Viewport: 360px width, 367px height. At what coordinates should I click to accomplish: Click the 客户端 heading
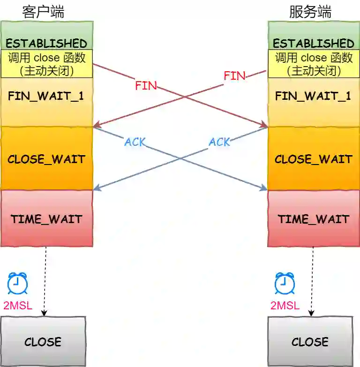[x=43, y=12]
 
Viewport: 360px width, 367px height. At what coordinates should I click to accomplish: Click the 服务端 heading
[x=310, y=12]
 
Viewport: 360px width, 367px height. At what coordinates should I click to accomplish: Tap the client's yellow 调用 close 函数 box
[x=46, y=64]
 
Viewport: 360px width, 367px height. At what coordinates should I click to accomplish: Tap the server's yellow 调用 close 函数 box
[x=314, y=64]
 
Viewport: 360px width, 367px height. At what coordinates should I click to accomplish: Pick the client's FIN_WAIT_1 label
[x=46, y=96]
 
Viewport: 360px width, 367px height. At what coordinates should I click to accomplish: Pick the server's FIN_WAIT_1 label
[x=313, y=96]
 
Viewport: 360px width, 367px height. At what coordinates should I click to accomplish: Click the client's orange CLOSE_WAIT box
[x=46, y=158]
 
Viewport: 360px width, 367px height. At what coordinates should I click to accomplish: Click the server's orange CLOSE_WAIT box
[x=314, y=158]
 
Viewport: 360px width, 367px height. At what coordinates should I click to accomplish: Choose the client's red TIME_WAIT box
[x=46, y=218]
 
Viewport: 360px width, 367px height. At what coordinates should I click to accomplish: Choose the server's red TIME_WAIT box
[x=314, y=218]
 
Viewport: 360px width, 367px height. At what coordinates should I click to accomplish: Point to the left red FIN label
[x=146, y=86]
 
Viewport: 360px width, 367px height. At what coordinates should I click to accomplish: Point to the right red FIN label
[x=234, y=75]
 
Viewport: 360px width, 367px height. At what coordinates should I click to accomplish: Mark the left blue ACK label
[x=135, y=142]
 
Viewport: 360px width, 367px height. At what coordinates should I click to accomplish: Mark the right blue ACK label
[x=219, y=142]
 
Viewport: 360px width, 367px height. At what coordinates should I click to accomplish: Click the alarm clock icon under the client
[x=17, y=283]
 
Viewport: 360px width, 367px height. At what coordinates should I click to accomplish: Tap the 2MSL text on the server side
[x=285, y=306]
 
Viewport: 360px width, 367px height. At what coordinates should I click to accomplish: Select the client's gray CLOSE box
[x=43, y=341]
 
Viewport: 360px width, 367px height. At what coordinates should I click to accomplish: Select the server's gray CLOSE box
[x=310, y=341]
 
